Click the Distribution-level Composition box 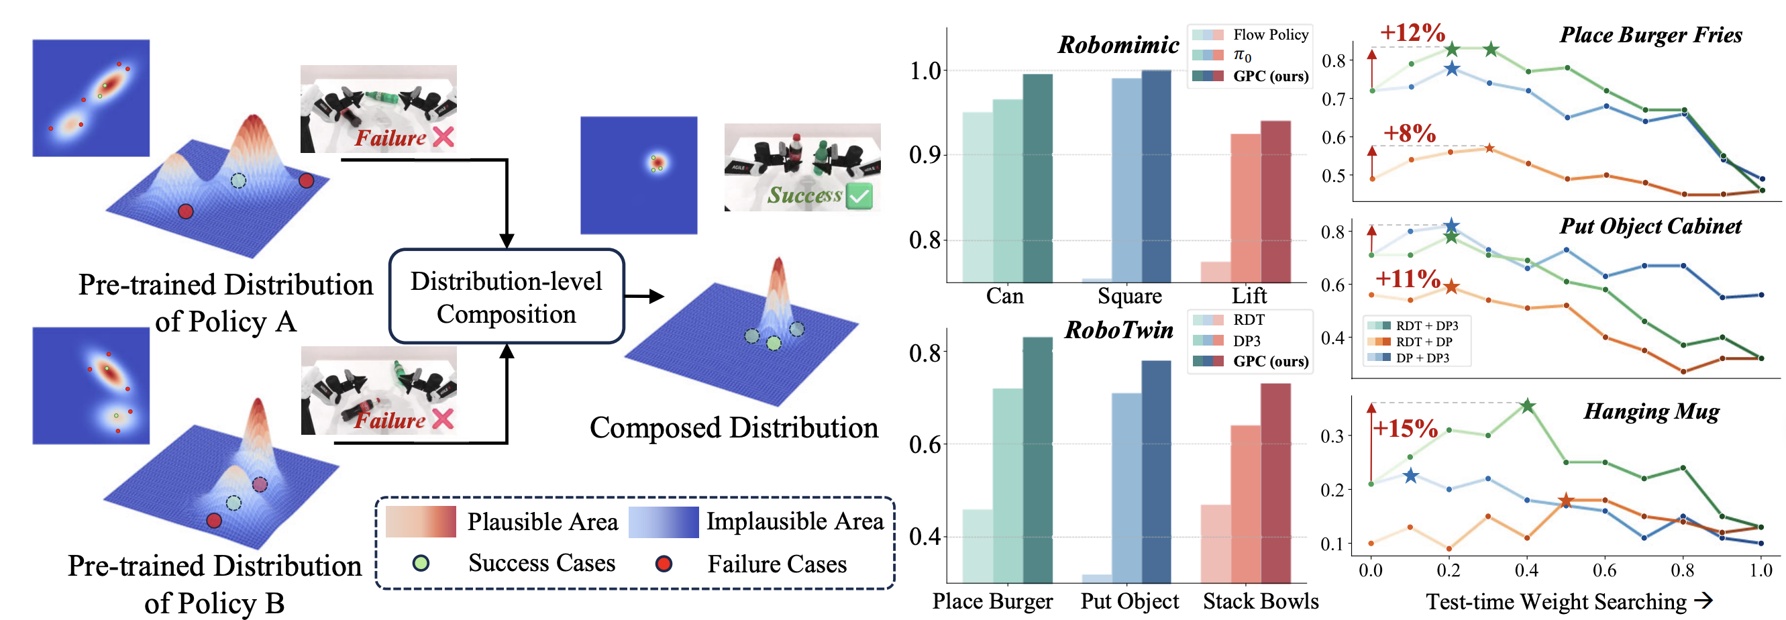pos(506,297)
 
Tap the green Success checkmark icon pos(859,196)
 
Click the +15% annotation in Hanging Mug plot pos(1406,428)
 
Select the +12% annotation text pos(1412,32)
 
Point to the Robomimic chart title pos(1118,45)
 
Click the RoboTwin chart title pos(1118,330)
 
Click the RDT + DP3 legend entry pos(1426,326)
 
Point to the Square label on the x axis pos(1129,296)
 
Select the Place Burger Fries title pos(1650,35)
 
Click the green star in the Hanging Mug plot pos(1528,407)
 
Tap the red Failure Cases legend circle pos(664,564)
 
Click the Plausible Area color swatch pos(421,521)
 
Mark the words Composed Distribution pos(733,428)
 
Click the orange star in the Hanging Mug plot pos(1565,500)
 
